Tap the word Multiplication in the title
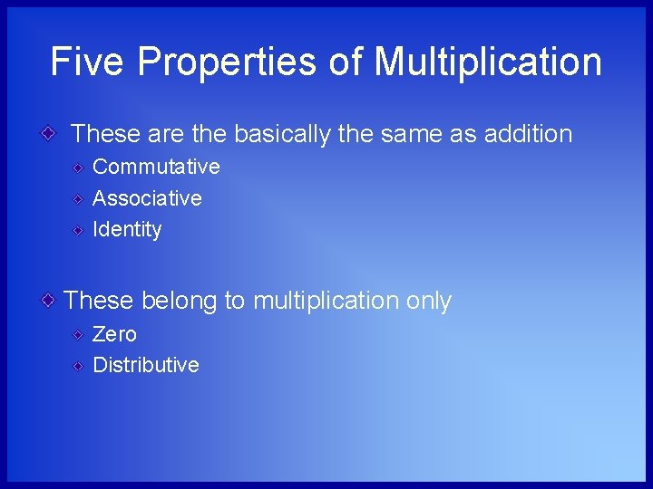(x=488, y=62)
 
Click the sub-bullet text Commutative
(x=156, y=167)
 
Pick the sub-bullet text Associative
(x=147, y=198)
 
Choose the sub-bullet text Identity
(x=127, y=230)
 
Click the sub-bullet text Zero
(x=114, y=334)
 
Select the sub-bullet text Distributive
(x=145, y=365)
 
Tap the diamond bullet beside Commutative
(x=79, y=168)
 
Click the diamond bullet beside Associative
(x=79, y=199)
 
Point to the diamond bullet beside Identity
(x=79, y=230)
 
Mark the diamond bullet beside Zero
(x=79, y=335)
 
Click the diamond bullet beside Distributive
(x=79, y=366)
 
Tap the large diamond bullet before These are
(x=51, y=134)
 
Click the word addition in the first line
(x=528, y=134)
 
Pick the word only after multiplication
(x=428, y=302)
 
